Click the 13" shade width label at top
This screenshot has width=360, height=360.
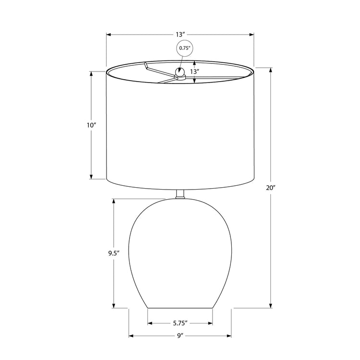pos(180,35)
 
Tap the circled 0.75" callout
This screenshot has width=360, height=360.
pos(185,48)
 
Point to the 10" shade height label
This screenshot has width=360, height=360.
pos(91,125)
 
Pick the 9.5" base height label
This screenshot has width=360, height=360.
pos(114,253)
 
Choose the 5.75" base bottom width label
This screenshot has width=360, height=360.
pos(180,323)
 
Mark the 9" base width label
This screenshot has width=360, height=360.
pos(180,336)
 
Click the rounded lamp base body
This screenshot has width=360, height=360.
pos(180,250)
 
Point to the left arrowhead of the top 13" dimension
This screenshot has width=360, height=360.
pos(109,35)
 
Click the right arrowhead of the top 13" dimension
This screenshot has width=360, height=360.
pos(251,35)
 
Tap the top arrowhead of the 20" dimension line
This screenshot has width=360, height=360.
pos(271,70)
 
